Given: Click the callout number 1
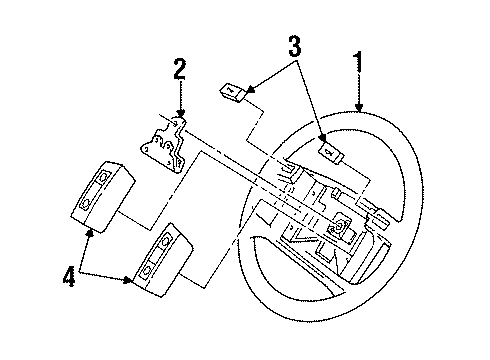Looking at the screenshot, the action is [x=358, y=62].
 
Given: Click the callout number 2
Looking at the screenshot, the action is [x=180, y=69].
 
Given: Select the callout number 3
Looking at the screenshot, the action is [x=295, y=46].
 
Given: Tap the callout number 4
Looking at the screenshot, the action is [x=69, y=276].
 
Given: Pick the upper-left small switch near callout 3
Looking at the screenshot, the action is [x=233, y=91].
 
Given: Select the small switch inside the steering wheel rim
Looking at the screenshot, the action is [x=331, y=153].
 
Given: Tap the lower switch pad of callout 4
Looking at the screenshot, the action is [x=163, y=260].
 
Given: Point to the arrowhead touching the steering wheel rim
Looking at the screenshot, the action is [x=359, y=107].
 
